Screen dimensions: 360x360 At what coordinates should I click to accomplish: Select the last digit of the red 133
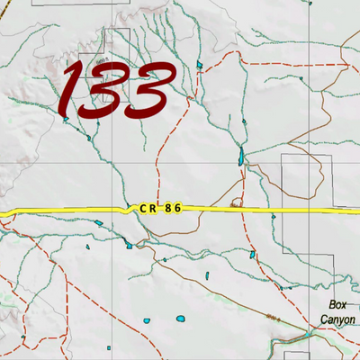click(146, 91)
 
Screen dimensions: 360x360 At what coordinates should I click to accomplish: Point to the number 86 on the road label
click(174, 208)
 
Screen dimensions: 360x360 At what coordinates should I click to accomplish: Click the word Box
click(337, 305)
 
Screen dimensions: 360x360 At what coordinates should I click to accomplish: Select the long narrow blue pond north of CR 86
click(240, 157)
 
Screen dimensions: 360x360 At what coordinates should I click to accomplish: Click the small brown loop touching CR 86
click(237, 202)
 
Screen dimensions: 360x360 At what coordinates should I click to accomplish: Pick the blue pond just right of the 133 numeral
click(200, 66)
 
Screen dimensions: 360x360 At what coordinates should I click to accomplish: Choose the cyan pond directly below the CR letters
click(131, 244)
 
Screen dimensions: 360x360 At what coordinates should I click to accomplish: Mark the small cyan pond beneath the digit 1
click(66, 119)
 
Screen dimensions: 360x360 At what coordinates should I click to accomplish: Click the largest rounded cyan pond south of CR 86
click(182, 319)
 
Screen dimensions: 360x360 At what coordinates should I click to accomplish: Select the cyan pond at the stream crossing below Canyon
click(310, 336)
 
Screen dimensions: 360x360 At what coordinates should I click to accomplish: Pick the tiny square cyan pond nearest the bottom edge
click(109, 347)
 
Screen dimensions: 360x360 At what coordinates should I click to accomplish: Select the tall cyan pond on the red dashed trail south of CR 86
click(205, 275)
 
